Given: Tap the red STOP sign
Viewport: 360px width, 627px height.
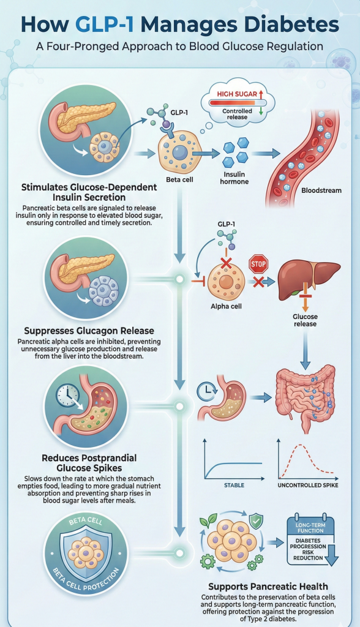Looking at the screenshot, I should click(x=258, y=265).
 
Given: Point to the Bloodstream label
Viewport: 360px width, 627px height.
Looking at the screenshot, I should click(x=321, y=190).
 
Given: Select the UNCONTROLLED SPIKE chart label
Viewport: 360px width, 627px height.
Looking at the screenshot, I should click(x=308, y=486).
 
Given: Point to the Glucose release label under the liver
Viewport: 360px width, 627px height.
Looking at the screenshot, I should click(x=304, y=320).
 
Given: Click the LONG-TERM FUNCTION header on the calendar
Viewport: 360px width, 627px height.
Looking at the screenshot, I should click(x=310, y=526).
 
